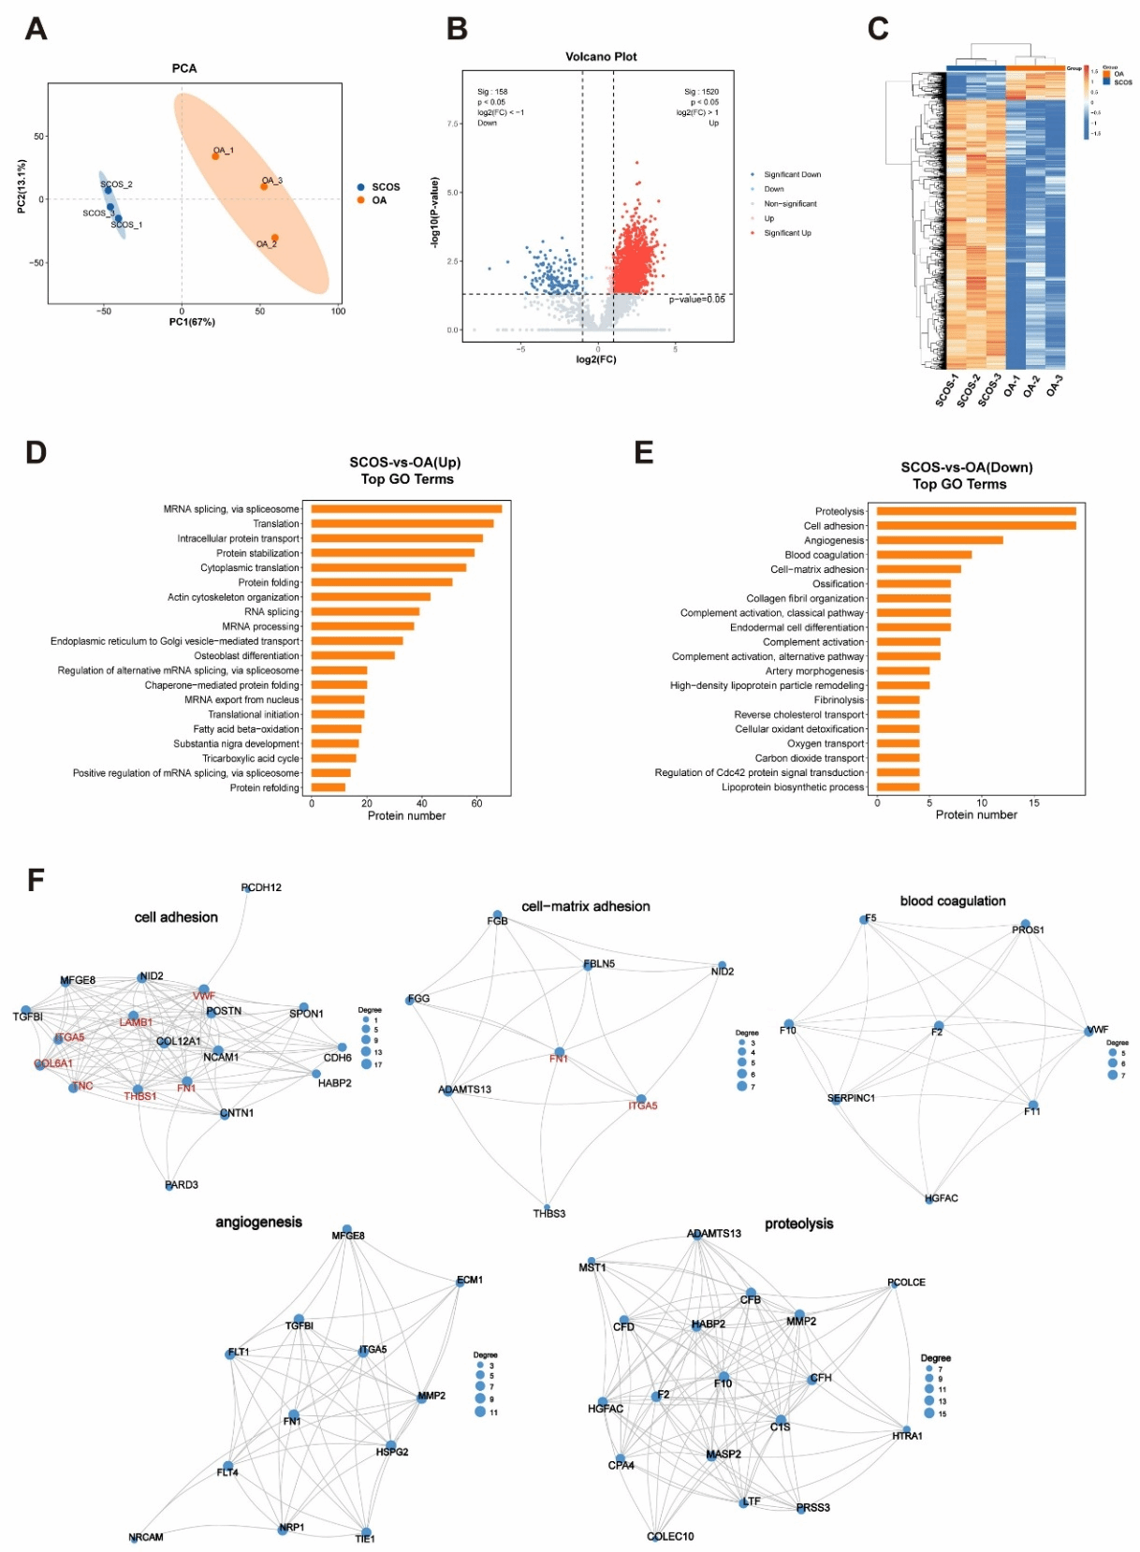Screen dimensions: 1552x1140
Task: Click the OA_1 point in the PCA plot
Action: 215,155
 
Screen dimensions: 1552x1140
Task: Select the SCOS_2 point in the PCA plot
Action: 108,190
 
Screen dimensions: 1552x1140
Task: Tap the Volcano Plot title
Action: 601,57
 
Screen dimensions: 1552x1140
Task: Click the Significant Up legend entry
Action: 787,233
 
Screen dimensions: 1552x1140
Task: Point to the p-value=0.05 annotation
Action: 696,300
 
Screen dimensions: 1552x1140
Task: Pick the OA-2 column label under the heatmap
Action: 1030,387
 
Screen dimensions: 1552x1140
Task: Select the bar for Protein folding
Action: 382,582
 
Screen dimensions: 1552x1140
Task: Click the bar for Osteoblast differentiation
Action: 353,655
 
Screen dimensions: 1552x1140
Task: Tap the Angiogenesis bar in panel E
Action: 940,540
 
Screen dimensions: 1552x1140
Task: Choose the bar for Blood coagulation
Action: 924,554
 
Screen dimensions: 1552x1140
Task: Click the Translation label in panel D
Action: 276,524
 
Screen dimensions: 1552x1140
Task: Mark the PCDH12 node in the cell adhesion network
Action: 247,887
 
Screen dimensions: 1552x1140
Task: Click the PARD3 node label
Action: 182,1185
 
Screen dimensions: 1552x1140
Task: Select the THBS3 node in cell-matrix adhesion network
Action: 548,1208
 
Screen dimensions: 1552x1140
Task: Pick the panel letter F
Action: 36,880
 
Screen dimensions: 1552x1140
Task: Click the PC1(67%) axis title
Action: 192,322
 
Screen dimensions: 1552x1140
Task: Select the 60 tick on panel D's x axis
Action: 476,803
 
